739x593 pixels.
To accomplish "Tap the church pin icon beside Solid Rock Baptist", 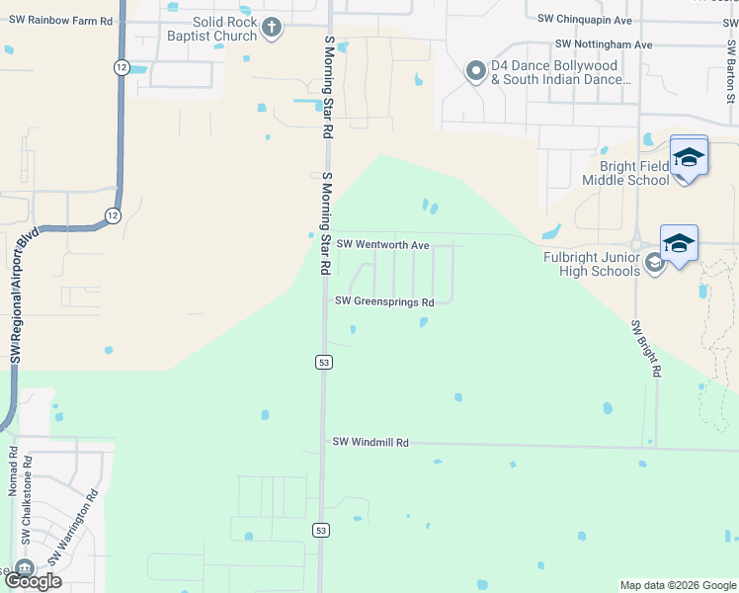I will pyautogui.click(x=273, y=29).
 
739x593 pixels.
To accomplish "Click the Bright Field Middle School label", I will pyautogui.click(x=625, y=173).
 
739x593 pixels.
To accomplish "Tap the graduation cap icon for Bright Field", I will pyautogui.click(x=689, y=157).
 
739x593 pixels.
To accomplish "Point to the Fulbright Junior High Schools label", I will pyautogui.click(x=591, y=264).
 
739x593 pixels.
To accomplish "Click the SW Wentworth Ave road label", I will pyautogui.click(x=382, y=244).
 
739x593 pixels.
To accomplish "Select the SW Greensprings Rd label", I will pyautogui.click(x=384, y=301).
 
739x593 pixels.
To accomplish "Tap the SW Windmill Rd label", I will pyautogui.click(x=370, y=443).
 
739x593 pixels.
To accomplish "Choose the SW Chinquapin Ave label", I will pyautogui.click(x=585, y=19).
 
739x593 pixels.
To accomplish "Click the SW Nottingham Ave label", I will pyautogui.click(x=604, y=44).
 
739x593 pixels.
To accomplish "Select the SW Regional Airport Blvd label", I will pyautogui.click(x=22, y=296).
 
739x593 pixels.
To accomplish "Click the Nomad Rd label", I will pyautogui.click(x=12, y=473).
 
